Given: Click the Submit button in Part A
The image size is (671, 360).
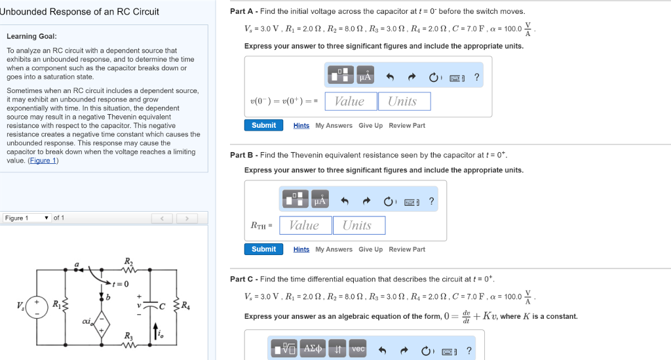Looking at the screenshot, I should coord(263,125).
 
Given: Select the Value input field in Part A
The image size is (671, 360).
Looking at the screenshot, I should coord(351,101).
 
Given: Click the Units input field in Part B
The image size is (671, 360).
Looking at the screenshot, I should coord(358,226).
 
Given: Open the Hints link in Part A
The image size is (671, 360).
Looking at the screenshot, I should coord(301,125).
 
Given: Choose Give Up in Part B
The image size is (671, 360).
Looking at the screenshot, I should coord(370,249).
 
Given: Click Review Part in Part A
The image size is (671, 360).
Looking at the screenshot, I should coord(407,125).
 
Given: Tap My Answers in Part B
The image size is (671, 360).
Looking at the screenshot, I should coord(334,249).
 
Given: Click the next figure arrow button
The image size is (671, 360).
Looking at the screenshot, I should coord(187,218).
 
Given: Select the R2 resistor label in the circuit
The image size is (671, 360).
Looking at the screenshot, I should coord(128,262).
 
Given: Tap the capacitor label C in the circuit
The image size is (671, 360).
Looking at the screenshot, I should coord(161,305).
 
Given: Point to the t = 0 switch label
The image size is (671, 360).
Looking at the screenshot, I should coord(121,283).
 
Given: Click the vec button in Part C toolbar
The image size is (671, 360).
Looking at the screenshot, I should coord(358,349).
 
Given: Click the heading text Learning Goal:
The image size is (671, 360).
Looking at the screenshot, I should coord(31,36).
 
